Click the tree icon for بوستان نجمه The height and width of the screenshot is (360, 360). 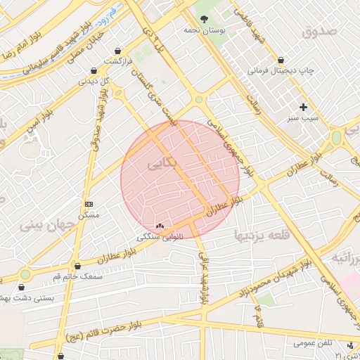[204, 19]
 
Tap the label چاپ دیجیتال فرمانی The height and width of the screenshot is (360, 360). [281, 71]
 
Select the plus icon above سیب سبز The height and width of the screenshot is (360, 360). [304, 107]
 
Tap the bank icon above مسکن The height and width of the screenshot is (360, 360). [88, 202]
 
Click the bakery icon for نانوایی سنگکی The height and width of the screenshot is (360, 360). [160, 226]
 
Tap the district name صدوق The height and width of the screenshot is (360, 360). [320, 32]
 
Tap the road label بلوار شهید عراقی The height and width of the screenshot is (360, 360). [204, 278]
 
